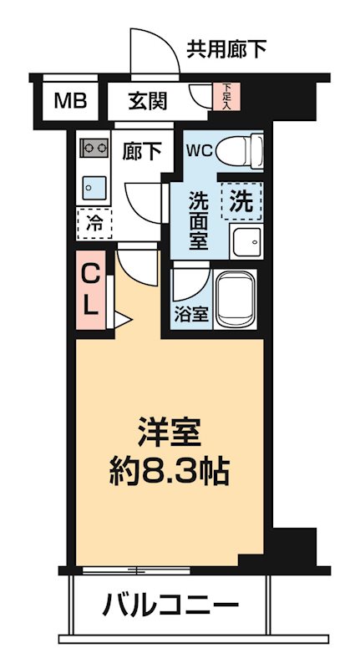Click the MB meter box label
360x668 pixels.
point(70,101)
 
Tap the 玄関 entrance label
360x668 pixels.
point(148,101)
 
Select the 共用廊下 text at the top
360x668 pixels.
point(226,49)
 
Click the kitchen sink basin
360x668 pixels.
point(93,185)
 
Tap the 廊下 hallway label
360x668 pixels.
point(142,151)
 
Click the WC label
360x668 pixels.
point(200,152)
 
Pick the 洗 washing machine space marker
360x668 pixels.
point(241,200)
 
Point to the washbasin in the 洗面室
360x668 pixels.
point(246,242)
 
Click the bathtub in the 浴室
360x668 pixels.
point(240,298)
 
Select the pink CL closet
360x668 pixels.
point(91,288)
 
